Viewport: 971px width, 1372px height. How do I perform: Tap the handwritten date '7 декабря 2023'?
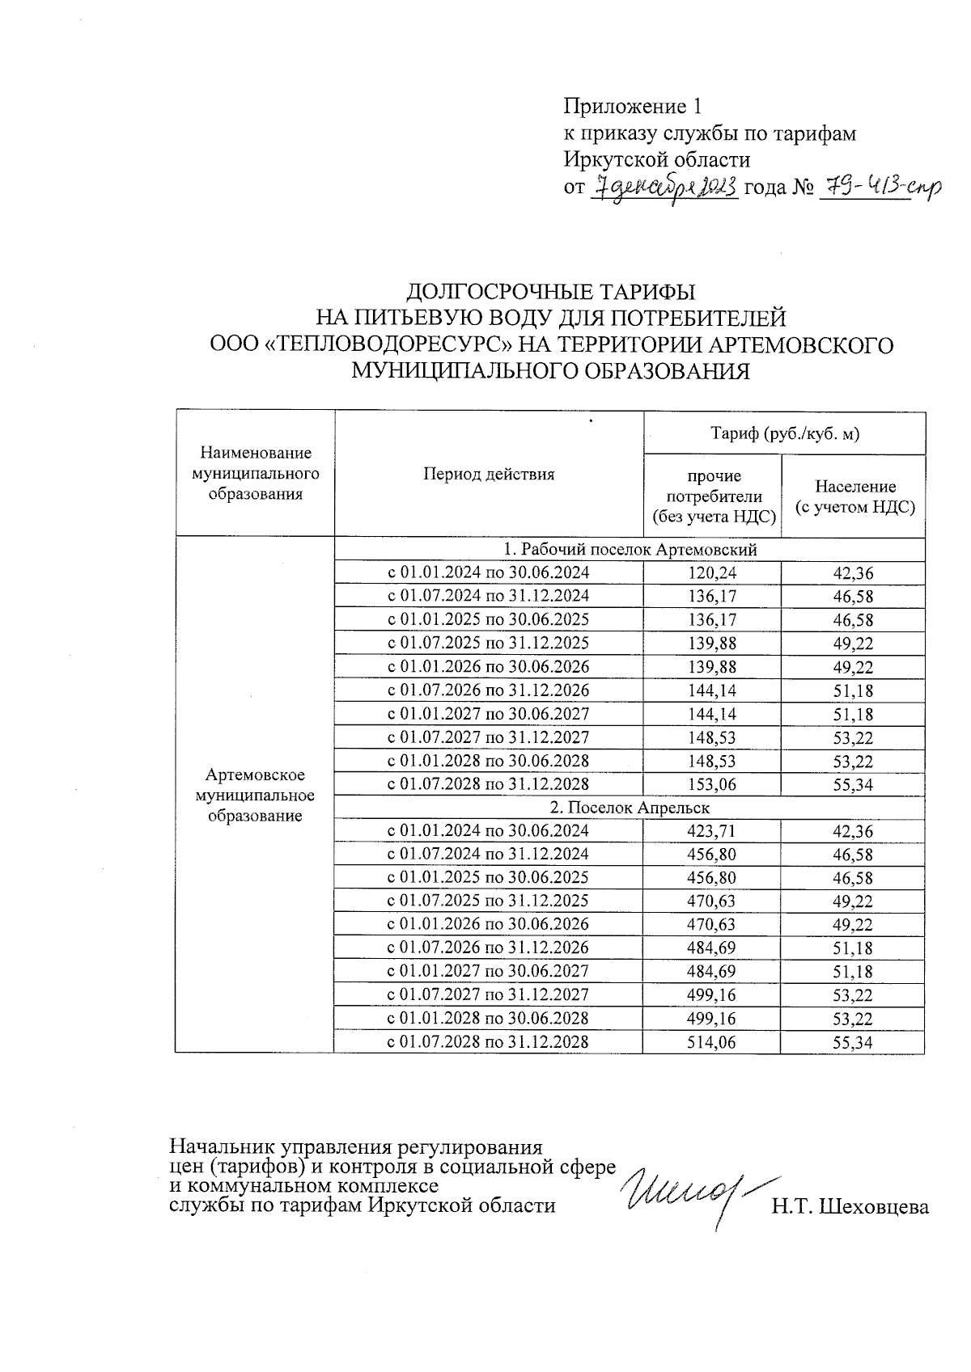[665, 188]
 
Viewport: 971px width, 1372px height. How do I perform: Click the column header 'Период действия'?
[489, 475]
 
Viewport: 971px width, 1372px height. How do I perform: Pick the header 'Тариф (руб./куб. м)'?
[784, 434]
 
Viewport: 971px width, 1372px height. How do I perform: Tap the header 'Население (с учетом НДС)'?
[854, 497]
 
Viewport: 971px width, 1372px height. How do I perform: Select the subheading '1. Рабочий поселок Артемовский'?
[630, 550]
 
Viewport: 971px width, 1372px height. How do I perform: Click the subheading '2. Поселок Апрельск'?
[630, 808]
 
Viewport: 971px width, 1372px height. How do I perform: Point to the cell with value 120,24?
[712, 573]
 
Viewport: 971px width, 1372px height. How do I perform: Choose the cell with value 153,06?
[712, 784]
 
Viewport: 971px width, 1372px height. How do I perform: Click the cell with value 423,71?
[712, 831]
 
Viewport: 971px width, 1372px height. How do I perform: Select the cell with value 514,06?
[712, 1042]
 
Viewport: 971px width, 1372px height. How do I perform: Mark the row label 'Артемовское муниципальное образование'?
[255, 796]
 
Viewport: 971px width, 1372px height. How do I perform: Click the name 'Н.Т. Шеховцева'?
[850, 1207]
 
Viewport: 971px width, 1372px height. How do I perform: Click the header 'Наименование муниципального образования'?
[255, 474]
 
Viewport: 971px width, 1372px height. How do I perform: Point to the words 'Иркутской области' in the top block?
[656, 160]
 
